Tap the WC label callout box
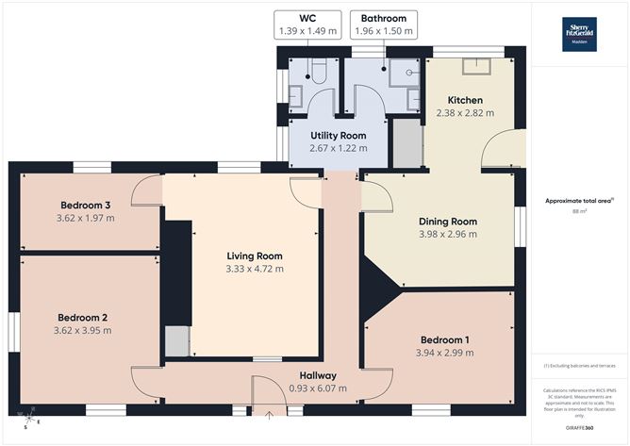[307, 25]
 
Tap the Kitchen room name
[465, 100]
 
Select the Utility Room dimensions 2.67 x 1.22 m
[338, 148]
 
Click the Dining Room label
[448, 222]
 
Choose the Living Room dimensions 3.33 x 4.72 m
[254, 269]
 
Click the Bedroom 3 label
[86, 206]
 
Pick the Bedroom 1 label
[442, 339]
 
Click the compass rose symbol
[29, 414]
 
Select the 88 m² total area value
[577, 211]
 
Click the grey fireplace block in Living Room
[176, 341]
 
